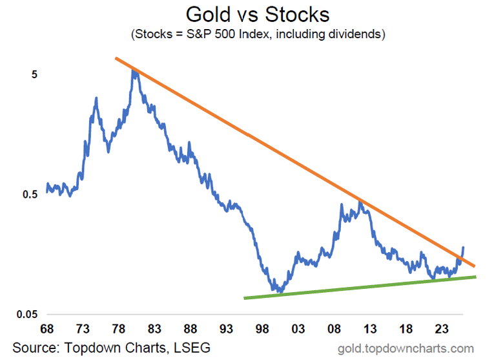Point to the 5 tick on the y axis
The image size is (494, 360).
click(35, 74)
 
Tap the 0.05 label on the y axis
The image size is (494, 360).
click(28, 315)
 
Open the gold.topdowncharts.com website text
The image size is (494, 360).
click(406, 348)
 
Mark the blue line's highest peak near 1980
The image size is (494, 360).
click(134, 70)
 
